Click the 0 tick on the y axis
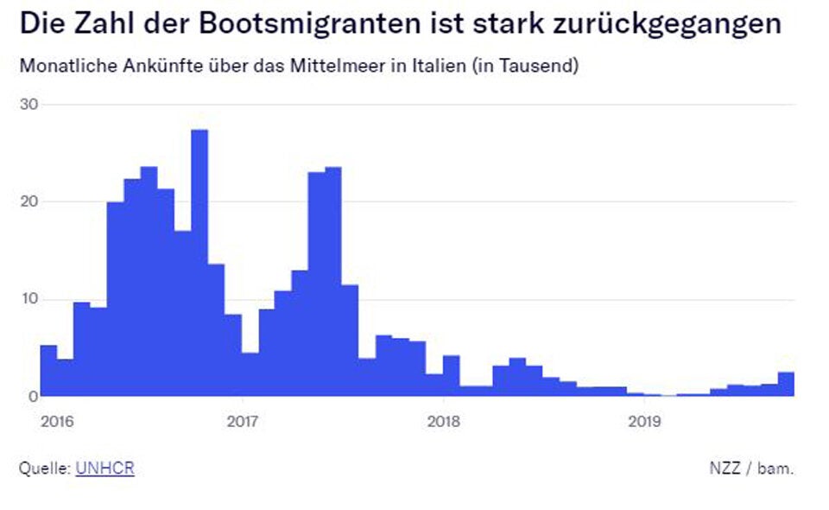[x=33, y=396]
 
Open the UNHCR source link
[x=104, y=469]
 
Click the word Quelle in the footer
[x=44, y=469]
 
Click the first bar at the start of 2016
[x=48, y=372]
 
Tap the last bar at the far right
[x=786, y=385]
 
